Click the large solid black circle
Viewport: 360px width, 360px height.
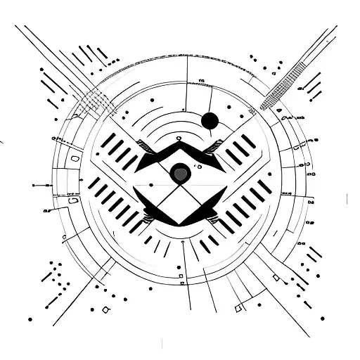[x=209, y=121]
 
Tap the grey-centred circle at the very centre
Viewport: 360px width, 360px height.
[x=180, y=172]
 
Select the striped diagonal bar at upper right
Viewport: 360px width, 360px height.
[x=283, y=84]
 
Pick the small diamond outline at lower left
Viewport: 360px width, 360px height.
[x=106, y=309]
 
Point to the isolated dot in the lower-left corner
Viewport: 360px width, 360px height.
[x=30, y=319]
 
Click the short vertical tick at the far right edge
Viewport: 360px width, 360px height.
[x=347, y=199]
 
